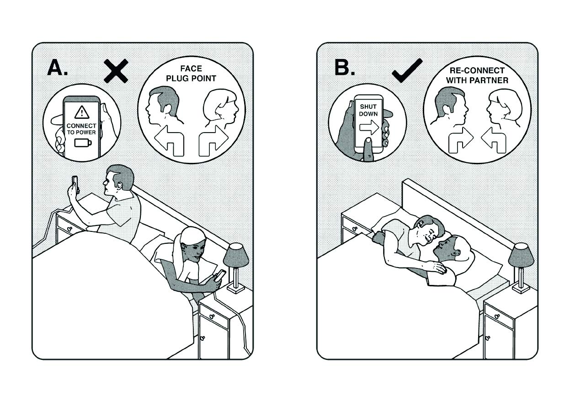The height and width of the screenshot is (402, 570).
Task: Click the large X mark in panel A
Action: click(x=116, y=71)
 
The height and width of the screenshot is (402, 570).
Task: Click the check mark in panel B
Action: click(x=407, y=71)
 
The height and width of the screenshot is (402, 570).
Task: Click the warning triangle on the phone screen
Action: click(x=82, y=112)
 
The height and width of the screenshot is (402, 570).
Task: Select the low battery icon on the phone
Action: click(x=83, y=143)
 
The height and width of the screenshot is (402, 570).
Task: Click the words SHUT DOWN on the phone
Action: click(x=368, y=110)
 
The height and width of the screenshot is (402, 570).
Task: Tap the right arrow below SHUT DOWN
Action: click(x=369, y=127)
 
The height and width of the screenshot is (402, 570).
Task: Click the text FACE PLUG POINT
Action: click(x=191, y=73)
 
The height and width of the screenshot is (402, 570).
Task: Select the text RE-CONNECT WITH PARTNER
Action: click(x=477, y=75)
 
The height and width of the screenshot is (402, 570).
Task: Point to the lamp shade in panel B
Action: click(x=521, y=255)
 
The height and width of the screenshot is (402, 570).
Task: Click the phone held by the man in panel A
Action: click(x=75, y=183)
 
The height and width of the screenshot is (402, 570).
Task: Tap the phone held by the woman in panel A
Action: click(x=220, y=275)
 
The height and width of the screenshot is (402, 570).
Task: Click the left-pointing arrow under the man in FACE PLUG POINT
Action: click(x=169, y=141)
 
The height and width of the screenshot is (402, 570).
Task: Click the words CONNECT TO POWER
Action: click(x=81, y=129)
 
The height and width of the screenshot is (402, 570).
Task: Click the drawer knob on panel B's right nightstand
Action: click(x=497, y=316)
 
